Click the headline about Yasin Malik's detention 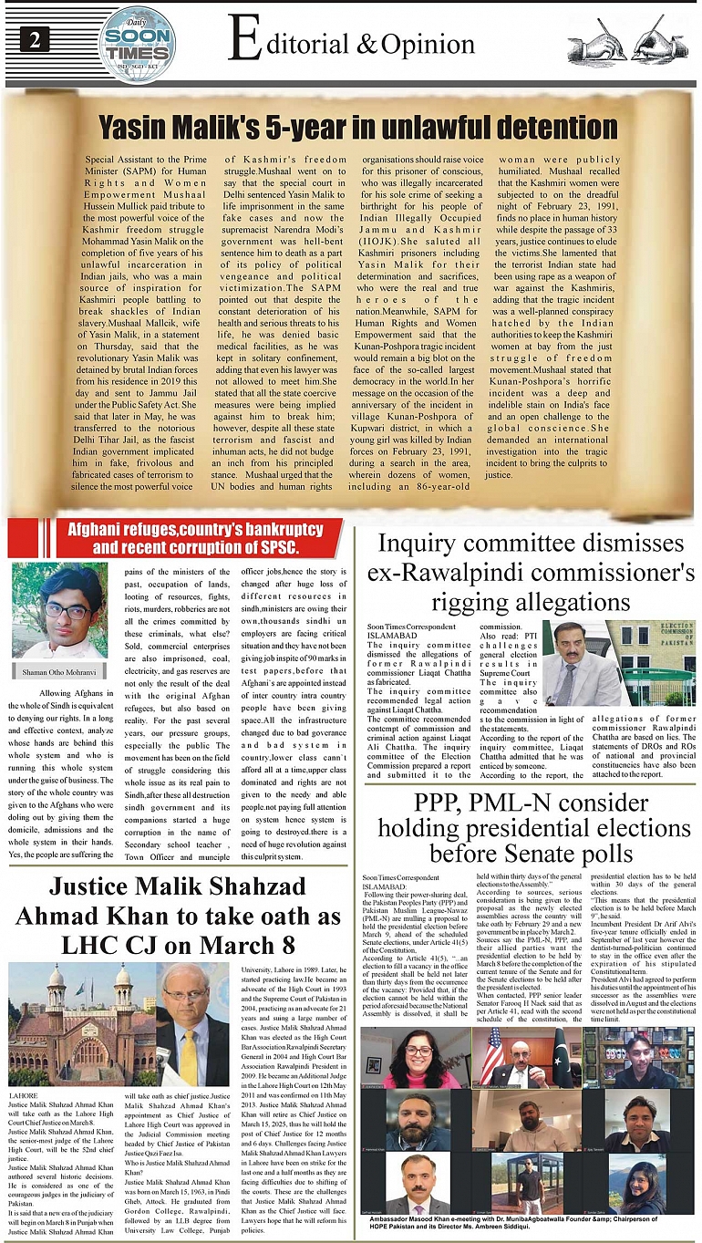click(x=357, y=125)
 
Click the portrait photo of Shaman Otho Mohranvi click(x=60, y=611)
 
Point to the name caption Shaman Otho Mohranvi click(x=60, y=674)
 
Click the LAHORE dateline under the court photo click(x=23, y=1092)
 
